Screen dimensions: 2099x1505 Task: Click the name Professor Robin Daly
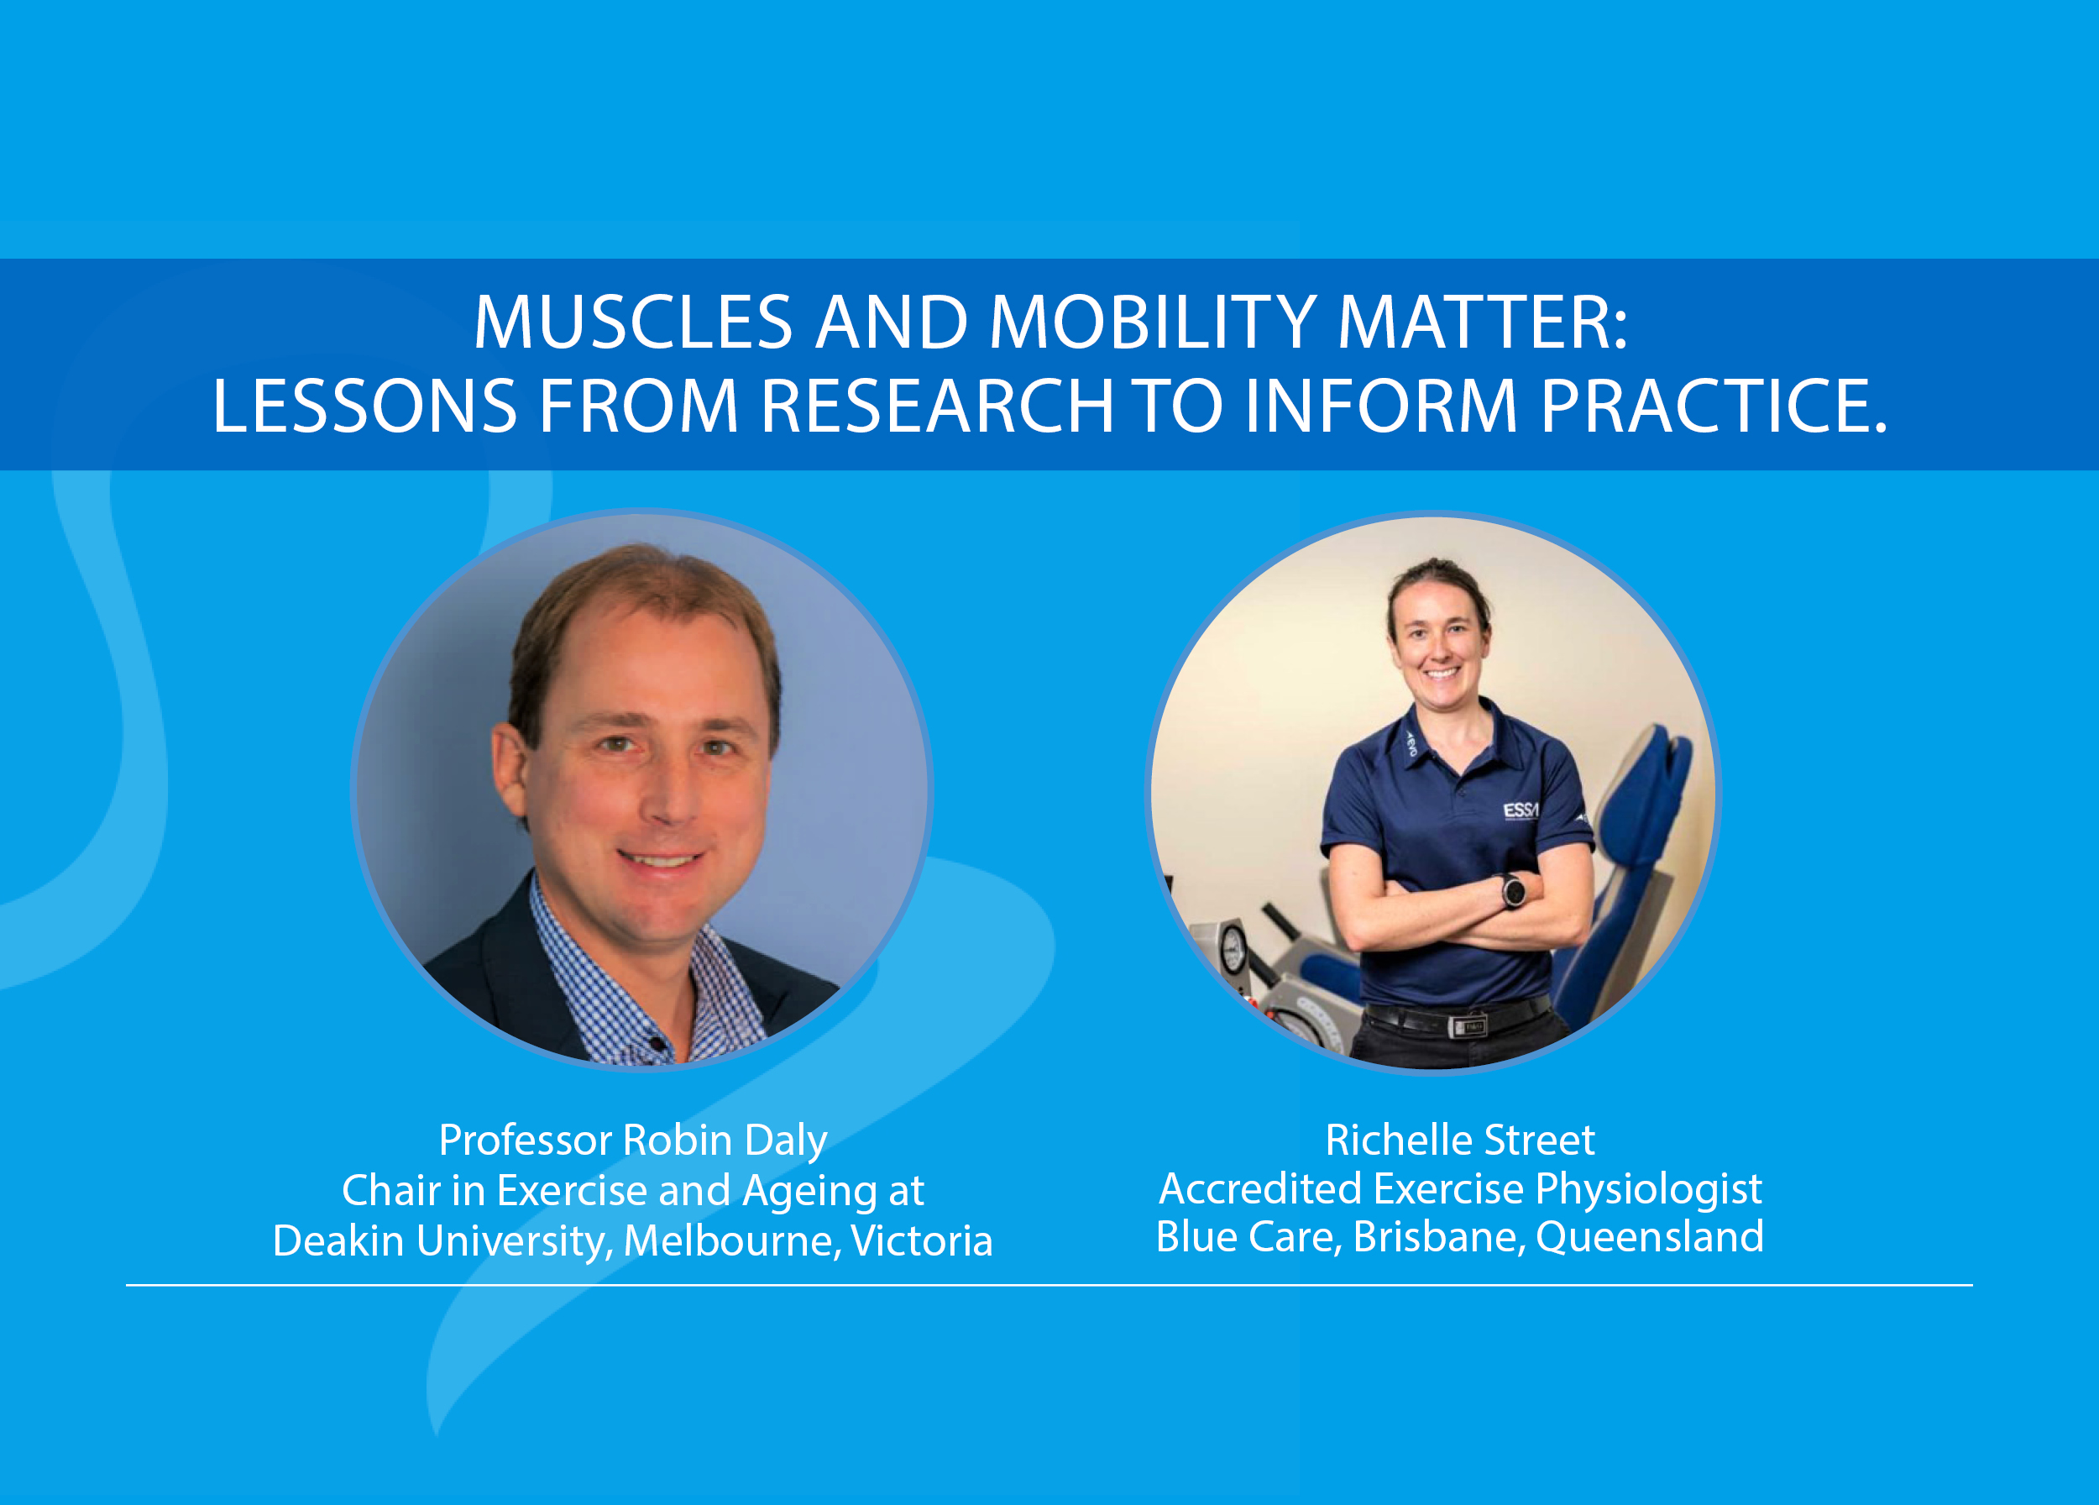(633, 1141)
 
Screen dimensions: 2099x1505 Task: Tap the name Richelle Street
(1459, 1140)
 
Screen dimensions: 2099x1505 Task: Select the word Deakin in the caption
(338, 1240)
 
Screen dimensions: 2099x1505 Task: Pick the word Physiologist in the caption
(1648, 1189)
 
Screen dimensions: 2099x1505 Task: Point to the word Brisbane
(1438, 1237)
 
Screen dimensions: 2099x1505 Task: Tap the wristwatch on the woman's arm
(1513, 891)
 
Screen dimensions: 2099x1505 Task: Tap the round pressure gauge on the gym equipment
(1233, 949)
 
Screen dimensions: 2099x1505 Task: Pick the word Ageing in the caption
(809, 1192)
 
